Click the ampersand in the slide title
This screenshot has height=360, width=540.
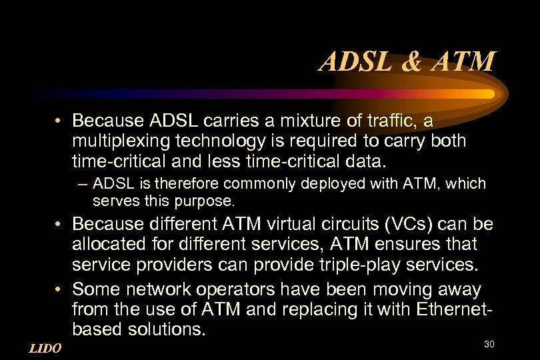pos(413,62)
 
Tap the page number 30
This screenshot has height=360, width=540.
pos(489,344)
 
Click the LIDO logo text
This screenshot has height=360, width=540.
pos(46,348)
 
